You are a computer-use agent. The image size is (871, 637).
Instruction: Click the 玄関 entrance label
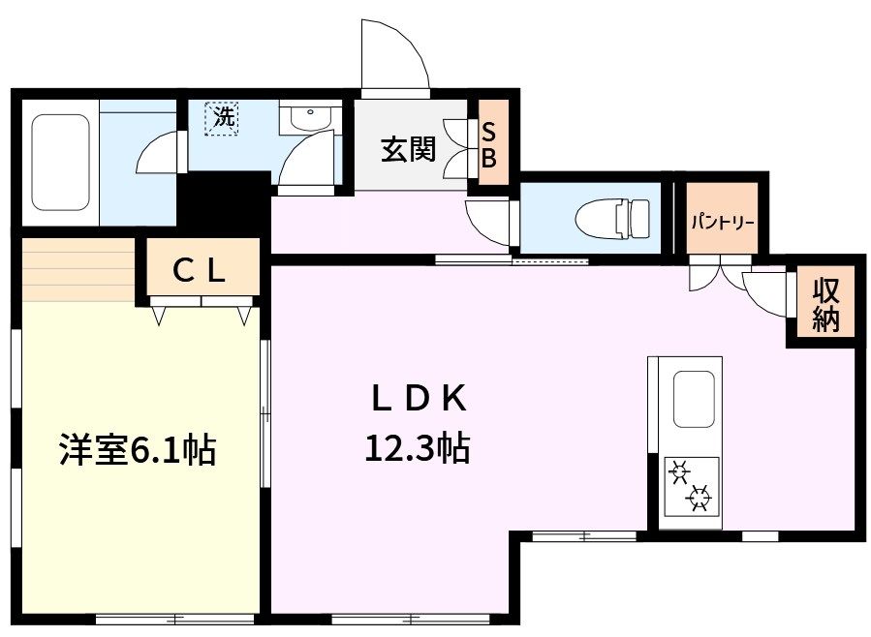tap(408, 149)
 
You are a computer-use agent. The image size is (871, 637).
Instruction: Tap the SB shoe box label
tap(488, 145)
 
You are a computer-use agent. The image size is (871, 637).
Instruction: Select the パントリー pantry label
tap(722, 223)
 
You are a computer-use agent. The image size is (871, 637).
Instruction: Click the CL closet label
tap(199, 271)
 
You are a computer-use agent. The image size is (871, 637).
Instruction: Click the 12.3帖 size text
tap(418, 448)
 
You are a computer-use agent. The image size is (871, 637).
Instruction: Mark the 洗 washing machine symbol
tap(222, 119)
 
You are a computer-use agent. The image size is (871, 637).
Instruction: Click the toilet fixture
tap(612, 219)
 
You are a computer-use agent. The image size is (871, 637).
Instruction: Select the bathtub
tap(60, 163)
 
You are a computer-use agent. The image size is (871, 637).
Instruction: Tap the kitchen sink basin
tap(694, 400)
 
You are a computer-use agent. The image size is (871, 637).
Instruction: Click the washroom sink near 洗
tap(310, 118)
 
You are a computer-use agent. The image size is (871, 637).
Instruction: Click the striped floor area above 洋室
tap(78, 270)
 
